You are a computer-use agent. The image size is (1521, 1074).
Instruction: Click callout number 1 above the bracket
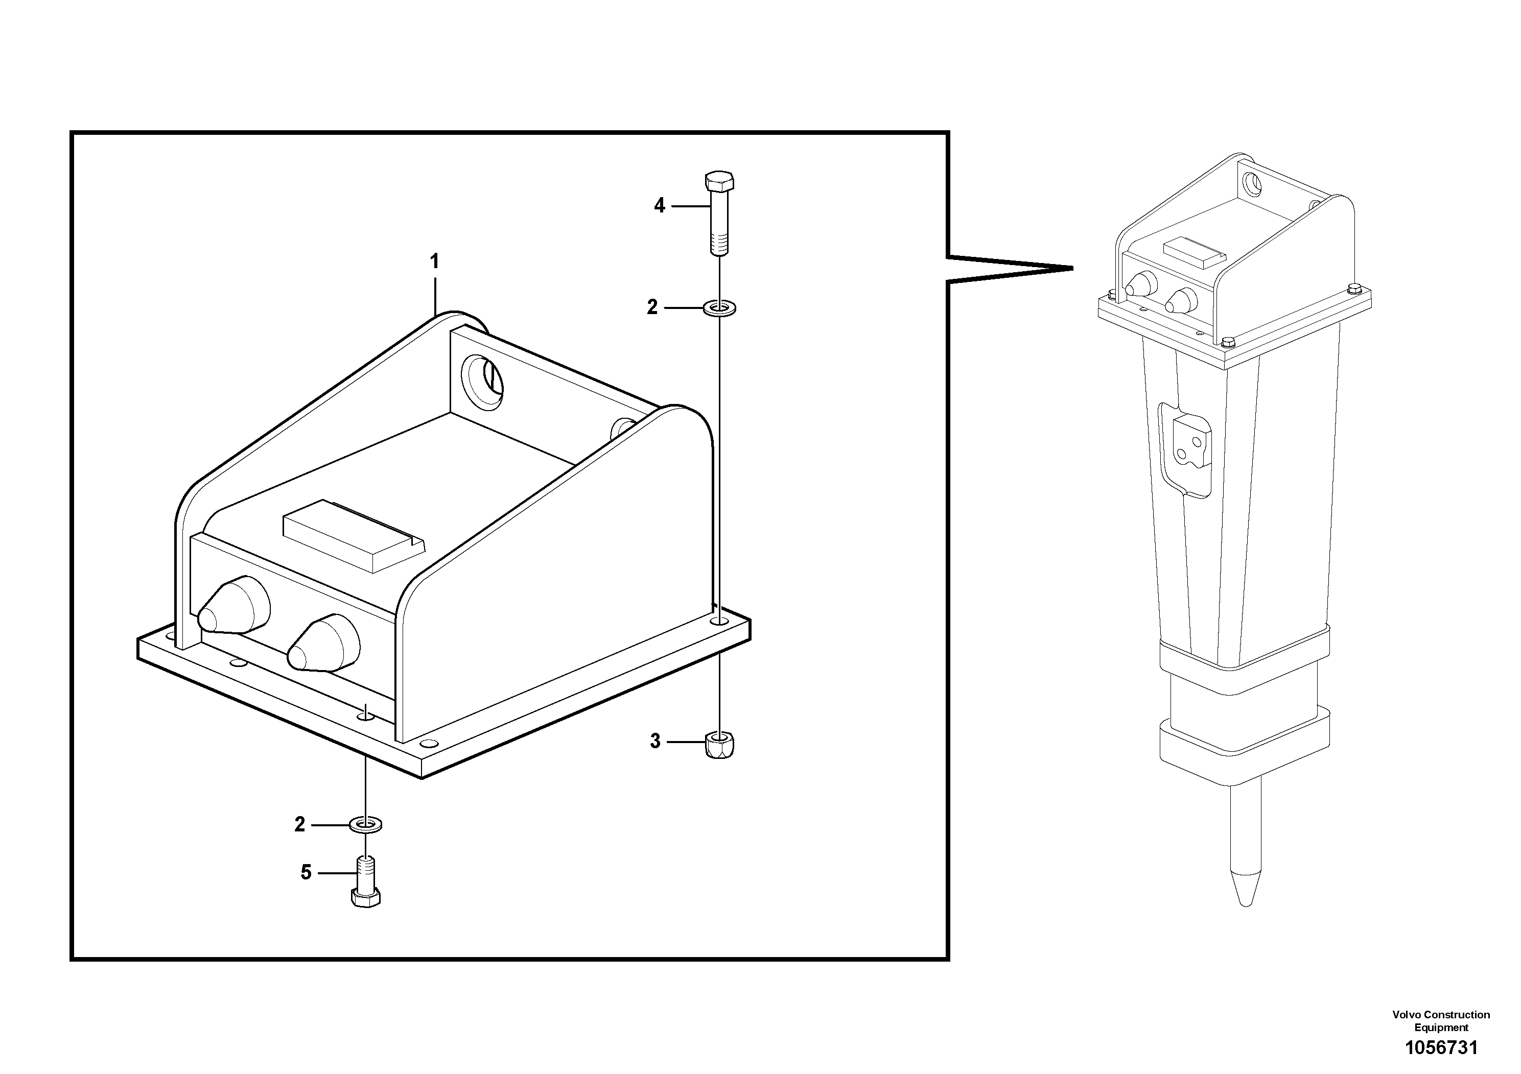(x=435, y=262)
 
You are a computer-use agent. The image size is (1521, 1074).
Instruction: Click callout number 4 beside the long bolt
(x=659, y=206)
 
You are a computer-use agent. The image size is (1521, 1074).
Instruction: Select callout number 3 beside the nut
(x=655, y=741)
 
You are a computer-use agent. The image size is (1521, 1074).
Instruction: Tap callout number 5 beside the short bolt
(x=306, y=873)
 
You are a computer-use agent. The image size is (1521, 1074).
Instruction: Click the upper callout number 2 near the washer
(x=652, y=307)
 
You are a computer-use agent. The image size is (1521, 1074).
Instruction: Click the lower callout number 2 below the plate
(x=299, y=824)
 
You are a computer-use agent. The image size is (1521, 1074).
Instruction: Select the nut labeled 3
(x=719, y=745)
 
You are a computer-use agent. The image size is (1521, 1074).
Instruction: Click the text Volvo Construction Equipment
(x=1441, y=1021)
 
